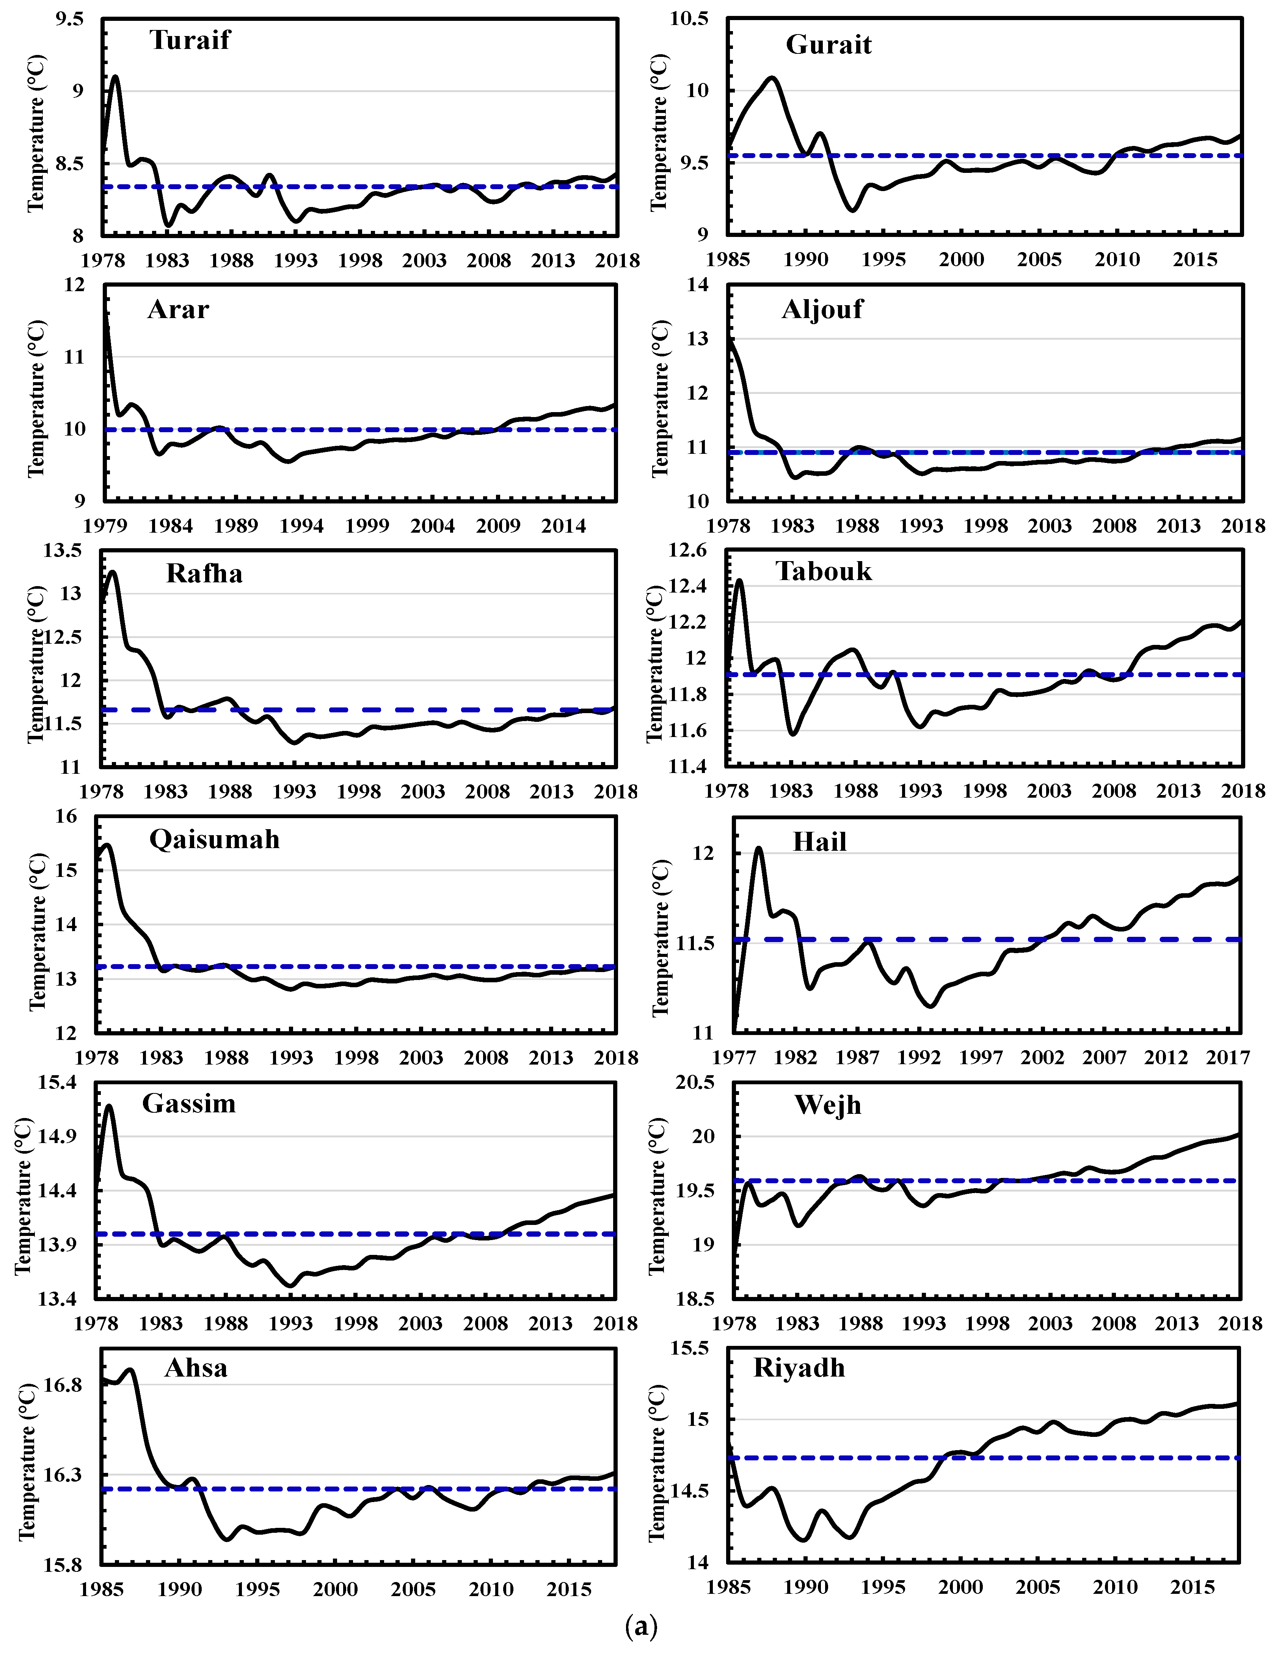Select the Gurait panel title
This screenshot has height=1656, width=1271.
[829, 45]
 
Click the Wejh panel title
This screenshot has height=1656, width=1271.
[828, 1105]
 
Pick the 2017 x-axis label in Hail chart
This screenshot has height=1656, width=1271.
[1227, 1057]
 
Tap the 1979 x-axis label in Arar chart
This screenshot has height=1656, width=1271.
[104, 526]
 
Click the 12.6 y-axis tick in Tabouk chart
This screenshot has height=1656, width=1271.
[687, 550]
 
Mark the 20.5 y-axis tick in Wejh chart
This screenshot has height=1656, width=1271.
[695, 1082]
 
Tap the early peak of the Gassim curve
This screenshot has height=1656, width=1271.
[110, 1106]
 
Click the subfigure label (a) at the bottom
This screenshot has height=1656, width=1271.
[642, 1624]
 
